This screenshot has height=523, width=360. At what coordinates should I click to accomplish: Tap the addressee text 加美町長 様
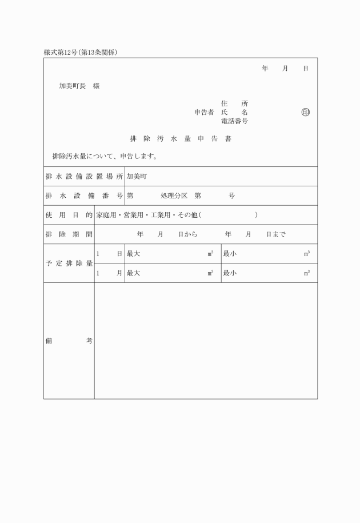[79, 86]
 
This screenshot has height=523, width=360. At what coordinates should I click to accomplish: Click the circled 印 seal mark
[305, 113]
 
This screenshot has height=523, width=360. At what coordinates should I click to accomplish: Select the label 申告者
[204, 113]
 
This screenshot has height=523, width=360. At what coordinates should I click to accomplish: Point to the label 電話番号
[234, 122]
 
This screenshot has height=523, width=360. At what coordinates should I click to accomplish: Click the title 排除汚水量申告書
[180, 139]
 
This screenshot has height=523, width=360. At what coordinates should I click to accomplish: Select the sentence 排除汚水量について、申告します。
[105, 156]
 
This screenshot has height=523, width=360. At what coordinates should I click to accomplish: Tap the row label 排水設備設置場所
[84, 177]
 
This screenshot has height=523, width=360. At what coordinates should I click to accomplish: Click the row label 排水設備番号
[84, 195]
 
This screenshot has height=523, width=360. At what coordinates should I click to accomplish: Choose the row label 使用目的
[69, 215]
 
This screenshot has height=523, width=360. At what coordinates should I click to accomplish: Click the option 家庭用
[106, 215]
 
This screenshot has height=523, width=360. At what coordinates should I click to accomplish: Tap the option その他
[188, 215]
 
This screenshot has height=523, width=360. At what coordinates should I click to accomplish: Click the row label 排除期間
[69, 234]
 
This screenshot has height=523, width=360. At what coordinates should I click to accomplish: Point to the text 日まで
[276, 234]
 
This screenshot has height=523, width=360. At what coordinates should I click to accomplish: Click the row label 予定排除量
[69, 264]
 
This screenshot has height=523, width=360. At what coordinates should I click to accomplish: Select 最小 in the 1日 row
[230, 254]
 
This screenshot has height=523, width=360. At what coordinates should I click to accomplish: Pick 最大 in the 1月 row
[133, 273]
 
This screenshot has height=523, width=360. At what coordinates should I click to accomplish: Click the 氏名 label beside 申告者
[234, 113]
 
